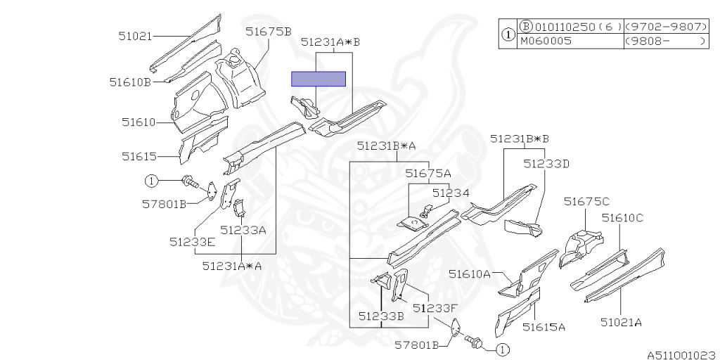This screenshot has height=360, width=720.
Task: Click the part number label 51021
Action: (x=135, y=34)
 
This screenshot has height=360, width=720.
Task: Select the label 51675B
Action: (x=268, y=31)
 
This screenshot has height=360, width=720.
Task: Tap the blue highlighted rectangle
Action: (x=319, y=78)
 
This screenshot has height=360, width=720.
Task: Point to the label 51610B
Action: (x=130, y=82)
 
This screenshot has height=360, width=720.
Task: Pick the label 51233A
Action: (x=243, y=229)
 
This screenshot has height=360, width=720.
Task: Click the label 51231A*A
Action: (x=231, y=266)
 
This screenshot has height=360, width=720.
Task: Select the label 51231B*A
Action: (x=386, y=146)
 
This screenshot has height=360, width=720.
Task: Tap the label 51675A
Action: (x=428, y=173)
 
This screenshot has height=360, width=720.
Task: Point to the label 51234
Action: (x=450, y=192)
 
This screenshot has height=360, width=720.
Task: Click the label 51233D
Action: (x=546, y=164)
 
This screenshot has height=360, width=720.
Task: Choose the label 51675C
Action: (x=586, y=202)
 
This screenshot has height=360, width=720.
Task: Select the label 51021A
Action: (x=621, y=323)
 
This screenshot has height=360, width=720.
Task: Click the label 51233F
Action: (x=435, y=307)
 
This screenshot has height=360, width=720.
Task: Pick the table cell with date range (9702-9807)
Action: (x=664, y=27)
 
